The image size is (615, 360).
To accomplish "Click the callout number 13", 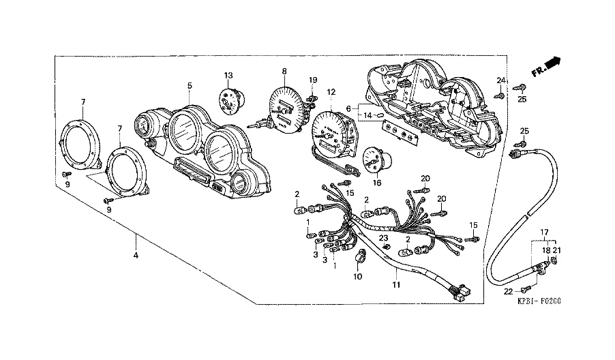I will tap(228, 75).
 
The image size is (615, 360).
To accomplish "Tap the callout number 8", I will tap(284, 71).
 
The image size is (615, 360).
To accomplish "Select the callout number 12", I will tap(331, 92).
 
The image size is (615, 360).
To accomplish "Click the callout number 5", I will tap(190, 85).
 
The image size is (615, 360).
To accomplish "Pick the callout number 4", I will tap(136, 256).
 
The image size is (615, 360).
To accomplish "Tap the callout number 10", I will tap(358, 276).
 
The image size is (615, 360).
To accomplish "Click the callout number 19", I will tap(313, 80).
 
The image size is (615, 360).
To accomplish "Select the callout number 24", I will tap(500, 81).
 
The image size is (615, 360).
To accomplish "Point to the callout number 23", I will tap(384, 237).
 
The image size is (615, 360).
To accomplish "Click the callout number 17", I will tap(545, 232).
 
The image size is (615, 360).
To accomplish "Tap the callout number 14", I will tap(367, 115).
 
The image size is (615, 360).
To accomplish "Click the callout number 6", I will tap(348, 108).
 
